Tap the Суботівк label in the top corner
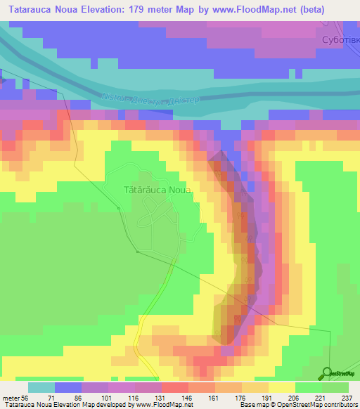pyautogui.click(x=339, y=40)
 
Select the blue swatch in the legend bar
pyautogui.click(x=67, y=387)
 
